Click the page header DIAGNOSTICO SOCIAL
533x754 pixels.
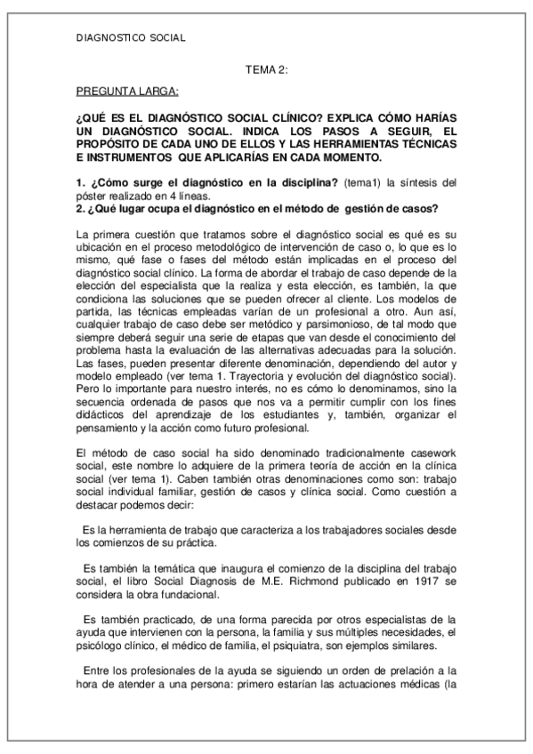tap(131, 37)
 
